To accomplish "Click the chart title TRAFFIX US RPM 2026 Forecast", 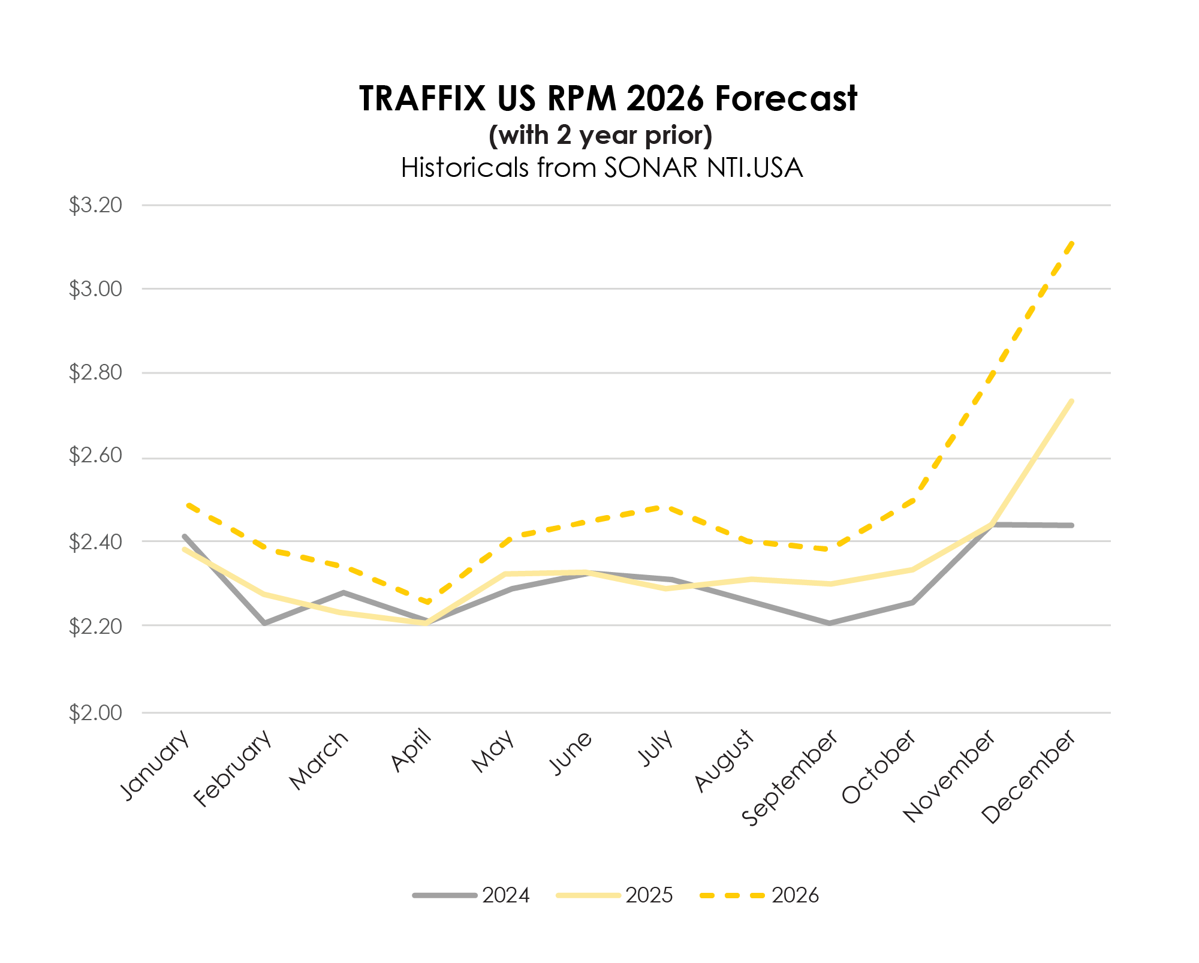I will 608,98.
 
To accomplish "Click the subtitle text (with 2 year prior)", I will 601,136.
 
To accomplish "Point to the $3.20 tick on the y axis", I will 95,205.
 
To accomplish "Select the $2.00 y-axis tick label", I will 95,713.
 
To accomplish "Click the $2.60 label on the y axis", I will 95,456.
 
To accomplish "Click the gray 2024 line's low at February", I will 264,624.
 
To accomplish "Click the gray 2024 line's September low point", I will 830,624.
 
